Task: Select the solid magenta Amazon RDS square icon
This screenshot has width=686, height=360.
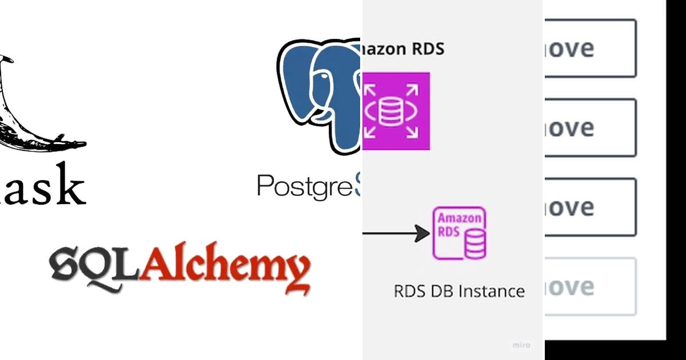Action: (x=396, y=111)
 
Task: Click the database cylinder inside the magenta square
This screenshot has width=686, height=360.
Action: (x=392, y=111)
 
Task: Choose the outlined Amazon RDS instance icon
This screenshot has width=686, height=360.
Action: (x=460, y=234)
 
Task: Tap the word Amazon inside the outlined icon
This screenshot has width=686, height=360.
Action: (x=459, y=219)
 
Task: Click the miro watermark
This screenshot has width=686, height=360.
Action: (x=521, y=345)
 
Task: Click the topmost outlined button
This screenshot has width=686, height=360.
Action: (x=590, y=49)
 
